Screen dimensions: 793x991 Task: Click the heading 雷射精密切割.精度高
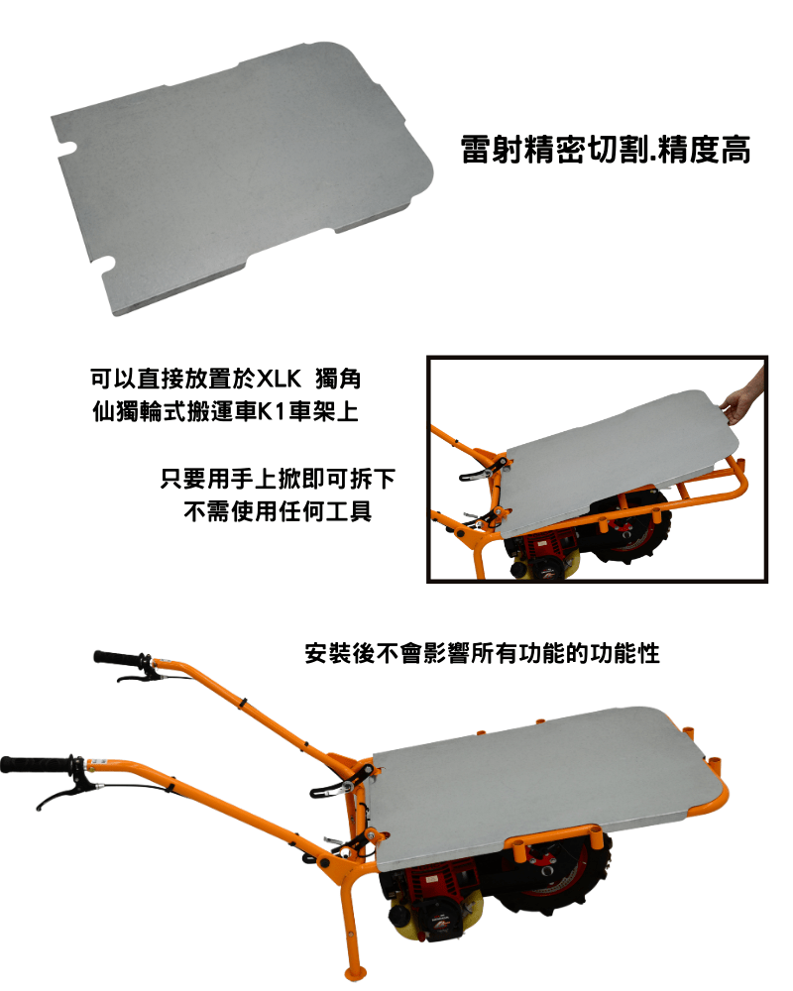[606, 150]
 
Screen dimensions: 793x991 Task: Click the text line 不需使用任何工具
[278, 510]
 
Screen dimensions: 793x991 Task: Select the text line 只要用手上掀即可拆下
[278, 479]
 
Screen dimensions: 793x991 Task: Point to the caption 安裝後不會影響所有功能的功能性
[483, 653]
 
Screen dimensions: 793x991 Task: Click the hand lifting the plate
[745, 396]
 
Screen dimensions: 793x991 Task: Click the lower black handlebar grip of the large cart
[36, 764]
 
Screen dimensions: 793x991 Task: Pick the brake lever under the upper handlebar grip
[137, 678]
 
